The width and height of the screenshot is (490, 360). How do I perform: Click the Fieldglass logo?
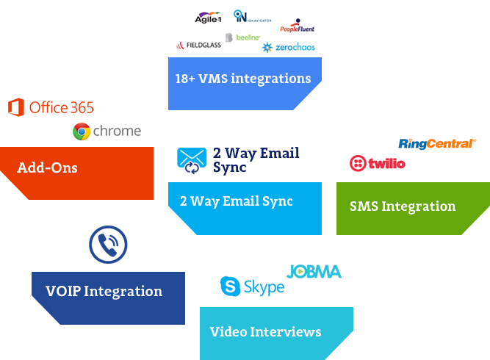click(x=198, y=46)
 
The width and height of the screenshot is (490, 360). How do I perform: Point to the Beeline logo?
click(x=243, y=37)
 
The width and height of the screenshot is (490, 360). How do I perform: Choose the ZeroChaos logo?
click(x=288, y=48)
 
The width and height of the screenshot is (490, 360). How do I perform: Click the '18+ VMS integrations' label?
click(x=242, y=79)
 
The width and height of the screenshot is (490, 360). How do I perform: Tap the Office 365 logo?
click(x=51, y=108)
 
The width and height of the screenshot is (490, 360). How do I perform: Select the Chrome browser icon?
click(x=82, y=132)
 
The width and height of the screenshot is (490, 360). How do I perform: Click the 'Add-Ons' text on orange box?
click(x=47, y=168)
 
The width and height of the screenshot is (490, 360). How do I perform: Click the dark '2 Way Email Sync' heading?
click(x=256, y=160)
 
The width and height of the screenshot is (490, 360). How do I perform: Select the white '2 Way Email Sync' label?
click(x=236, y=201)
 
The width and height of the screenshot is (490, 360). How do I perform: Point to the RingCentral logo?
click(x=436, y=143)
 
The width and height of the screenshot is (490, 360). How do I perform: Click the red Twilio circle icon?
click(x=358, y=163)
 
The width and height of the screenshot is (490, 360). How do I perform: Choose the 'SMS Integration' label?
click(x=403, y=206)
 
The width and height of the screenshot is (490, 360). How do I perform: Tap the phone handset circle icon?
click(x=108, y=245)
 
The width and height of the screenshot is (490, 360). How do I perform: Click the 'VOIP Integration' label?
click(x=104, y=292)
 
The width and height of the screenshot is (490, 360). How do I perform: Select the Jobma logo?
click(x=314, y=272)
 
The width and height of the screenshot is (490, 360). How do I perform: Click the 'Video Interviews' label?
click(x=265, y=332)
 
